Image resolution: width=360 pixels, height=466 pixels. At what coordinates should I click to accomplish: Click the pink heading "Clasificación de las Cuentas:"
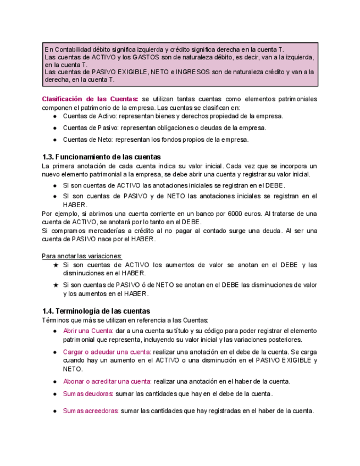point(91,99)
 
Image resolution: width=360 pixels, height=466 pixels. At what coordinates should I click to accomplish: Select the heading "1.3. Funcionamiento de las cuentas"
point(101,157)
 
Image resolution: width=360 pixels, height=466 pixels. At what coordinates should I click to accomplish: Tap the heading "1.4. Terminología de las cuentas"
point(96,311)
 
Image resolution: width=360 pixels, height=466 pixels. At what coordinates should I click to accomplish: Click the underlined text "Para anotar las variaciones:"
point(82,256)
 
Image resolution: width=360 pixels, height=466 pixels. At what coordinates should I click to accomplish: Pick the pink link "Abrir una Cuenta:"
point(88,331)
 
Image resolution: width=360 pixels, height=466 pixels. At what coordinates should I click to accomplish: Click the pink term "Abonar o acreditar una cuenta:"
point(107,381)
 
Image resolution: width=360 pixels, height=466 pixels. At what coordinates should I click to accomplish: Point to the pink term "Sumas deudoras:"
point(88,393)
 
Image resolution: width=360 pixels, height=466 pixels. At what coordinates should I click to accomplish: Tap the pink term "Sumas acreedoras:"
point(91,410)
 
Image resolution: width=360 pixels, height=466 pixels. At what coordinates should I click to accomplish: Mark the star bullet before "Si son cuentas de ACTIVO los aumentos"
point(56,265)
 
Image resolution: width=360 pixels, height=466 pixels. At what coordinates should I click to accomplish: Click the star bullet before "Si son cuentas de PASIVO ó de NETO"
point(56,285)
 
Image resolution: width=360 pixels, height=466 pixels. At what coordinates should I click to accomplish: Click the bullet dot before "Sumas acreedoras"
point(55,411)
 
